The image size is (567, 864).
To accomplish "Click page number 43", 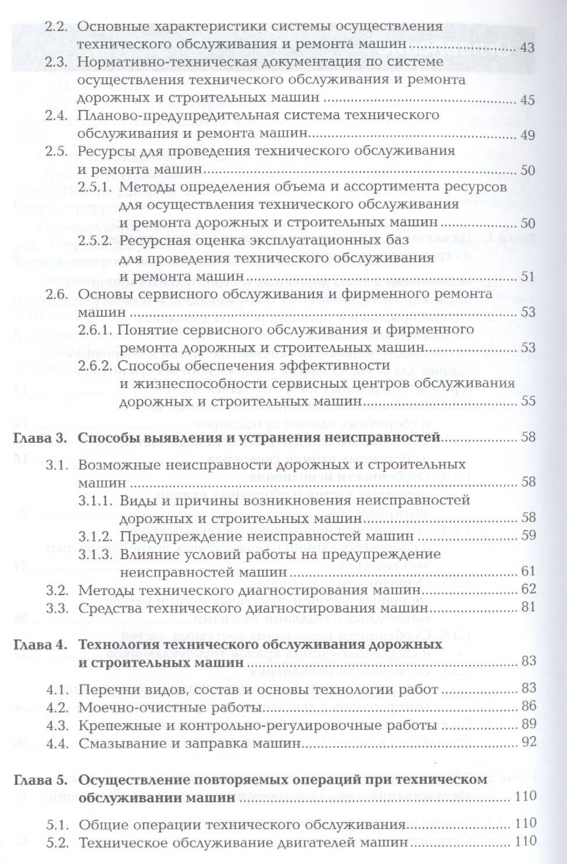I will pos(527,48).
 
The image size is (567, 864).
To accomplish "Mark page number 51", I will pos(527,277).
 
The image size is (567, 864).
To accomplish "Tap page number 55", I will pos(527,402).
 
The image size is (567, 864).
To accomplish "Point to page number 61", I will pos(527,571).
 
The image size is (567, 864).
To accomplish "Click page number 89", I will pos(527,726).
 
